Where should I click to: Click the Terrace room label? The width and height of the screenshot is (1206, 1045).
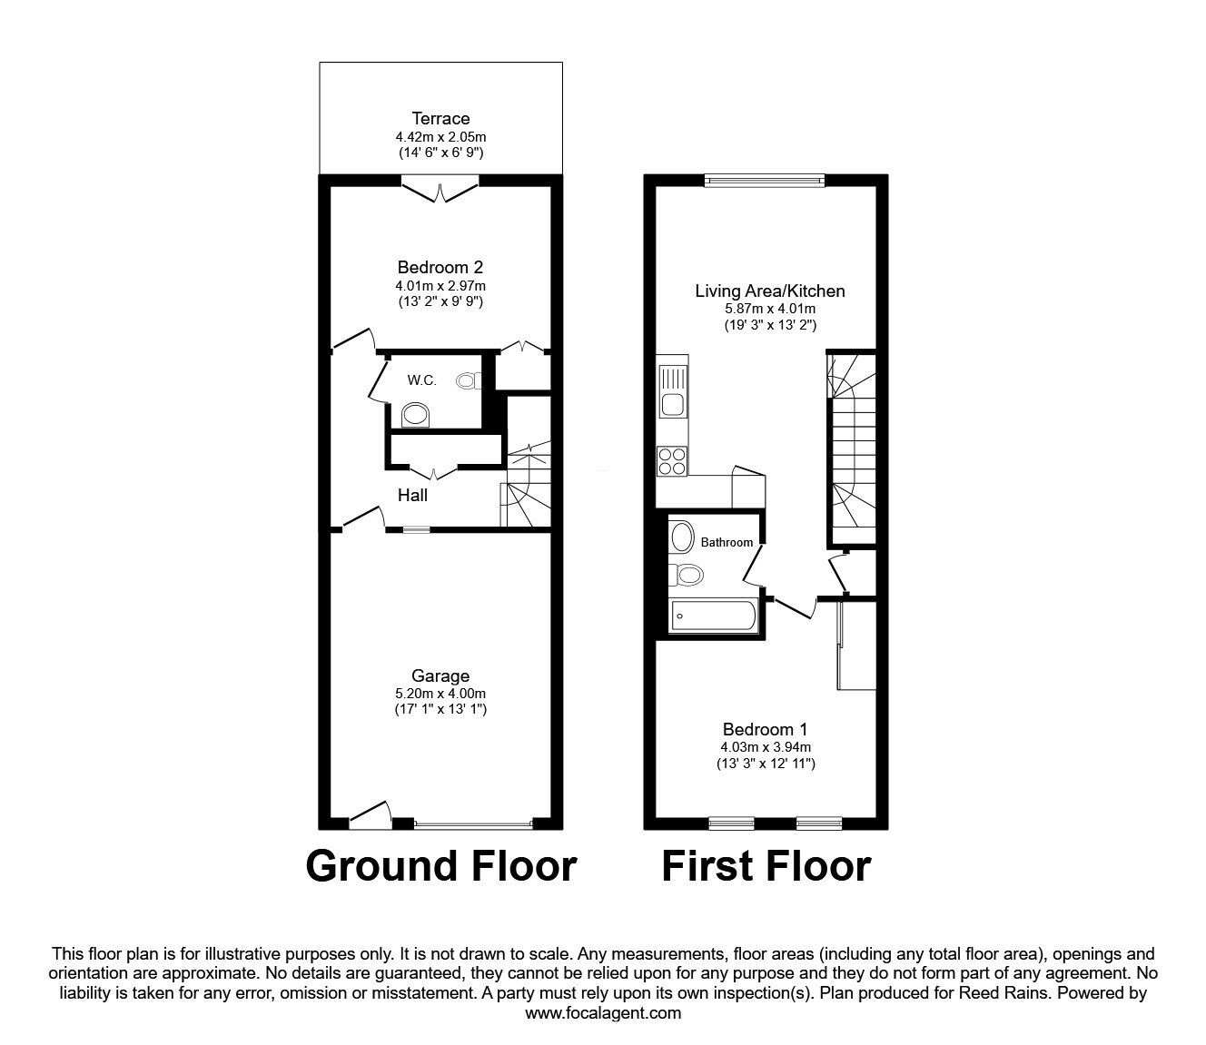(440, 118)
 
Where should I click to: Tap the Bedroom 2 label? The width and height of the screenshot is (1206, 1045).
(440, 267)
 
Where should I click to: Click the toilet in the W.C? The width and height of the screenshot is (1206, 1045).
(469, 380)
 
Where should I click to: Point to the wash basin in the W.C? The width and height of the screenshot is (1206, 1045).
(417, 416)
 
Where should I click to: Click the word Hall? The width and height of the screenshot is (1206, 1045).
(412, 495)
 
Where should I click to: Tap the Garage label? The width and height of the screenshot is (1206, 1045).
(440, 675)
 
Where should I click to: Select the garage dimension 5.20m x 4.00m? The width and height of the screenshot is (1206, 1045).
(440, 693)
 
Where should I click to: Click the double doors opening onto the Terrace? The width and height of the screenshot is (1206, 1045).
(440, 191)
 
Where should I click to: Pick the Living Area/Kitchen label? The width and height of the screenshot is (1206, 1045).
(770, 291)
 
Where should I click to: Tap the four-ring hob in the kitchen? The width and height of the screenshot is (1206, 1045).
(673, 461)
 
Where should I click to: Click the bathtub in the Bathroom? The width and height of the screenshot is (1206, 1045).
(713, 616)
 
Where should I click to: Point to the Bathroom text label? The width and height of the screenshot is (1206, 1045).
(727, 542)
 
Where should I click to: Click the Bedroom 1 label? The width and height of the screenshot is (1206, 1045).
(765, 728)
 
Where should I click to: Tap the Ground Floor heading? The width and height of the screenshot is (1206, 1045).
(441, 865)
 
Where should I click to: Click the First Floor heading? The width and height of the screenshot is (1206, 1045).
(766, 865)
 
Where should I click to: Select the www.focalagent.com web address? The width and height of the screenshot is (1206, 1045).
(603, 1012)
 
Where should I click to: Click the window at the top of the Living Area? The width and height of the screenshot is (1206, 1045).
(765, 181)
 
